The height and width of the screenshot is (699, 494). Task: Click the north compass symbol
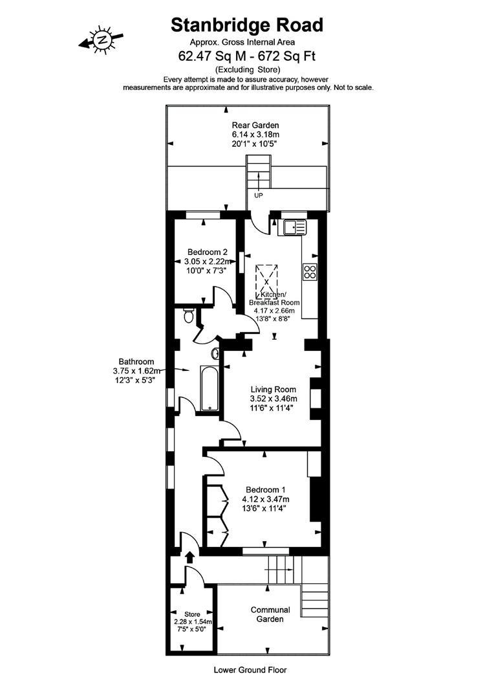click(x=102, y=40)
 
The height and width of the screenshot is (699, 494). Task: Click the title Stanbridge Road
click(x=246, y=25)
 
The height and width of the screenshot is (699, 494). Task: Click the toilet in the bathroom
click(x=188, y=316)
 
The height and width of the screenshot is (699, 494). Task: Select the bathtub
click(x=209, y=388)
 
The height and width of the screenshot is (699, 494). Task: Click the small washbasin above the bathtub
click(x=215, y=353)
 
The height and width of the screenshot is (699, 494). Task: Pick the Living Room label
click(x=274, y=390)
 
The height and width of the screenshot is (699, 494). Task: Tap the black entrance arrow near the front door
click(x=190, y=556)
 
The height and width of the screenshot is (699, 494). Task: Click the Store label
click(x=193, y=614)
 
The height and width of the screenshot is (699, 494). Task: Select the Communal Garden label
click(x=270, y=614)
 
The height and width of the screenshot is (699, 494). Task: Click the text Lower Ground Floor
click(x=250, y=671)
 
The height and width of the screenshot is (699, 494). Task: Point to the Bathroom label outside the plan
click(x=136, y=361)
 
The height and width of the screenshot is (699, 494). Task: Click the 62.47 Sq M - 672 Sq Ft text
click(x=246, y=56)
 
